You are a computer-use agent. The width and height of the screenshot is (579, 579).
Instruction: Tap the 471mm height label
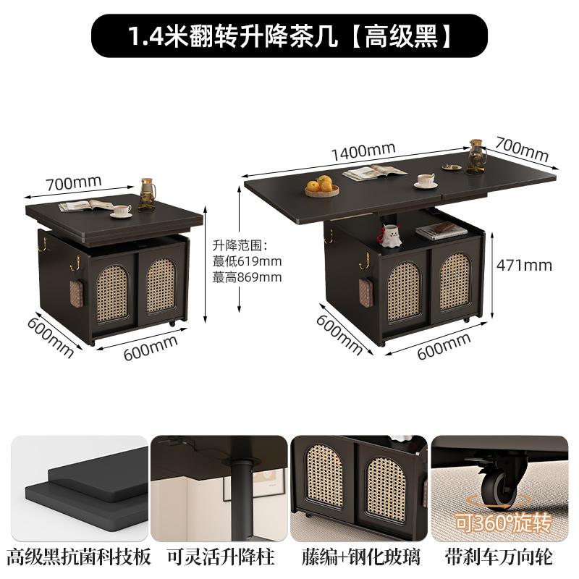(524, 266)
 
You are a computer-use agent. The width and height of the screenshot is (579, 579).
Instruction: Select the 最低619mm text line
(247, 261)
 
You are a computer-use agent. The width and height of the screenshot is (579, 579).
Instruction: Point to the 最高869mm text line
(247, 277)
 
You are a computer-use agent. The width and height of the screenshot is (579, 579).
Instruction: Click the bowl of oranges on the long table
(322, 186)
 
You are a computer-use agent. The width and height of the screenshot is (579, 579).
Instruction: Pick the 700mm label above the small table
(74, 182)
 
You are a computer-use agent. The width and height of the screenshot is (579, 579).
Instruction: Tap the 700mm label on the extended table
(521, 149)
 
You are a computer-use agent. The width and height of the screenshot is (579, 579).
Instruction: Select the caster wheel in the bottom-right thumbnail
(498, 485)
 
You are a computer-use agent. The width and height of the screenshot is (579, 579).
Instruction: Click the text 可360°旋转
(502, 522)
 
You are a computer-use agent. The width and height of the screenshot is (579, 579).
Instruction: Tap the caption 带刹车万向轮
(499, 557)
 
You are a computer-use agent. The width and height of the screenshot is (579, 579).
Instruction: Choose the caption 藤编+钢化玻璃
(360, 557)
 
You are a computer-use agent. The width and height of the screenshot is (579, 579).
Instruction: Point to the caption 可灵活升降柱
(221, 557)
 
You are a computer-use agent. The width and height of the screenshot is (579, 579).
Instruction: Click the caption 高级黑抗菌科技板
(79, 557)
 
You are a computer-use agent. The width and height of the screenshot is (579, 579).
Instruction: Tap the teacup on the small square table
(121, 211)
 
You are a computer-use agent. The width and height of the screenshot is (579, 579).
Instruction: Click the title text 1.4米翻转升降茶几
(233, 36)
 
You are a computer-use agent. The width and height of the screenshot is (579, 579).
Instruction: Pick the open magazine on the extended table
(374, 172)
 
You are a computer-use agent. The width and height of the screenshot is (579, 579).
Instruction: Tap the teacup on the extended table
(426, 180)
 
